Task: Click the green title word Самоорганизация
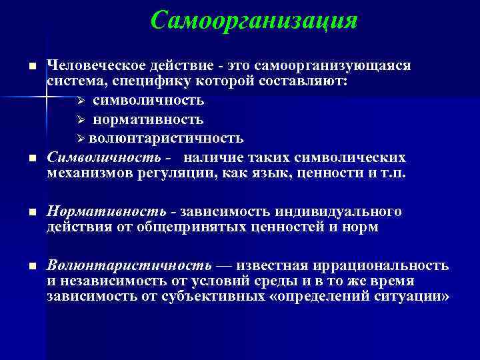[x=254, y=20]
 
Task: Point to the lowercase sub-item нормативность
[x=148, y=119]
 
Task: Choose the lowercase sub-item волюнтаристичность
[x=166, y=138]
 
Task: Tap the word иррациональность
[x=373, y=265]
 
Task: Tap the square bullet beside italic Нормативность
[x=31, y=213]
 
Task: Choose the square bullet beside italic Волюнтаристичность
[x=31, y=267]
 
